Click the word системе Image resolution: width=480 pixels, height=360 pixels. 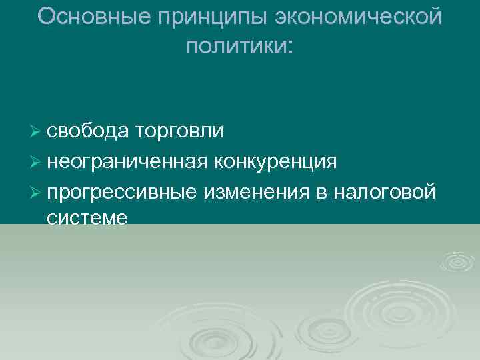pos(87,218)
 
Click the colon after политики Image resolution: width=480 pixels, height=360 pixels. pos(289,46)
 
